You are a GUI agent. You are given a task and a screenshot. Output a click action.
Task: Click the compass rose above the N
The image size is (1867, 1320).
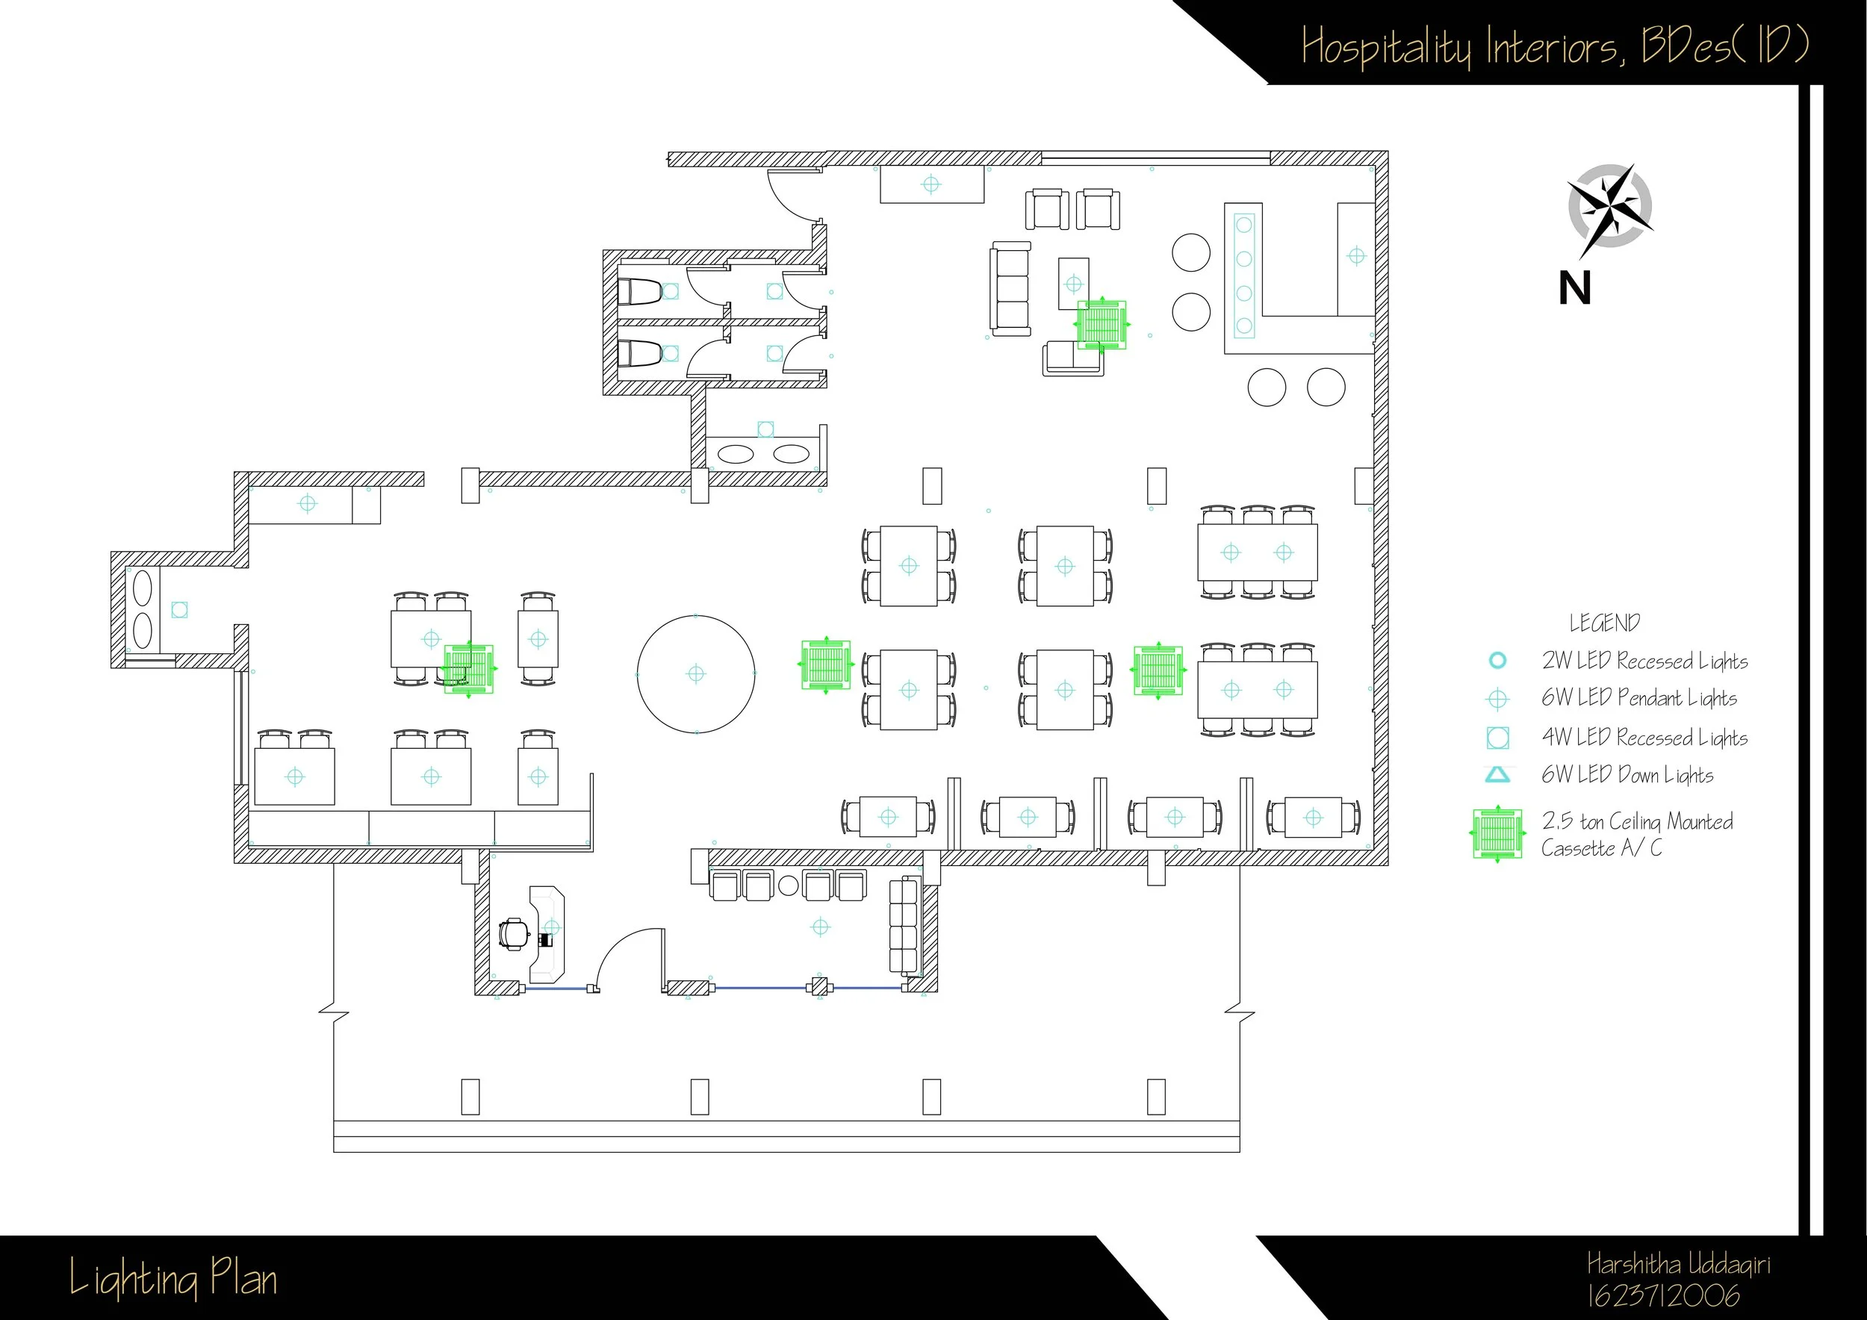pos(1610,207)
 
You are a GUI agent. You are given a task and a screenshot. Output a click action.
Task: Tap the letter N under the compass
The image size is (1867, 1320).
pos(1575,288)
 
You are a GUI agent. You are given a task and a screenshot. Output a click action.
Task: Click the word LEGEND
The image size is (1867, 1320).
pos(1604,623)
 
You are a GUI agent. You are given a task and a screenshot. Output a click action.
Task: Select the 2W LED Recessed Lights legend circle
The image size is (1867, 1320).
pos(1497,661)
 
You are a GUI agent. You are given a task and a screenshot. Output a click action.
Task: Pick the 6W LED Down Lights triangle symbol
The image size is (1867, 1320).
pos(1497,775)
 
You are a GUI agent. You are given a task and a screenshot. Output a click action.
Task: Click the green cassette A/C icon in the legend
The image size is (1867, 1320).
pos(1497,834)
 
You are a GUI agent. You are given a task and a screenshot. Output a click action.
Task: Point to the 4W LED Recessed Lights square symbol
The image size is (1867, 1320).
pos(1497,737)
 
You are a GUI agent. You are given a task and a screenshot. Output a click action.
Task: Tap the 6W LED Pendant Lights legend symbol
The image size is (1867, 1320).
pos(1497,699)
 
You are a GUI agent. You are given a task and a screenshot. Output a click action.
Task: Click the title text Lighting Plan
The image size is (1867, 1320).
pos(173,1278)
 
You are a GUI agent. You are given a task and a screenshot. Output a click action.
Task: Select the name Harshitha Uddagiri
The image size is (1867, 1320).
pos(1677,1265)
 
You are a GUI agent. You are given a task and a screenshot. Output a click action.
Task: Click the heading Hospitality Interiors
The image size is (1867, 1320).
pos(1464,46)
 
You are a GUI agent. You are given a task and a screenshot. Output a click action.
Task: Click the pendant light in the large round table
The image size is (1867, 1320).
pos(696,674)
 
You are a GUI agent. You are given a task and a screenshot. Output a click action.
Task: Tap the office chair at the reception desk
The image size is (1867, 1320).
pos(514,935)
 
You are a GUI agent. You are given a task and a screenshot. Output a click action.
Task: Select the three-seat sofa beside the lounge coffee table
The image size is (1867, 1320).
pos(1010,288)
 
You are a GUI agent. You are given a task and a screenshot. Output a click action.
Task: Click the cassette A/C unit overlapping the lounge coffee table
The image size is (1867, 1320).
pos(1102,324)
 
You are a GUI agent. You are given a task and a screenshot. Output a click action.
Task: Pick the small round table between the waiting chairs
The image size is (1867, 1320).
pos(788,886)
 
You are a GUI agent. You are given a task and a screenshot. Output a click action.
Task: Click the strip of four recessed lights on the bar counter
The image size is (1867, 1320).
pos(1243,275)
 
